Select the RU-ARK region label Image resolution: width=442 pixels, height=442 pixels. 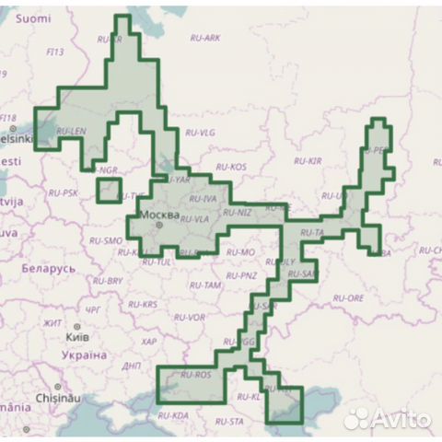pos(204,38)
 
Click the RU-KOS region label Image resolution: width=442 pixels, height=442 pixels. pos(231,167)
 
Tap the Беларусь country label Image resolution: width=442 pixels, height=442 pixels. pos(43,268)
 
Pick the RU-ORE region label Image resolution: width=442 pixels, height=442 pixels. pos(349,298)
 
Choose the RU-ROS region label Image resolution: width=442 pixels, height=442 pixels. pos(195,376)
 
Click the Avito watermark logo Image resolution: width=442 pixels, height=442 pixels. pos(386,419)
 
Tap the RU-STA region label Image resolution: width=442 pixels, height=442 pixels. pos(230,422)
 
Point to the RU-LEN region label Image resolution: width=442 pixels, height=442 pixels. pos(70,132)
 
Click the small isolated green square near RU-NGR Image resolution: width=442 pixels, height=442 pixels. pos(108,191)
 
